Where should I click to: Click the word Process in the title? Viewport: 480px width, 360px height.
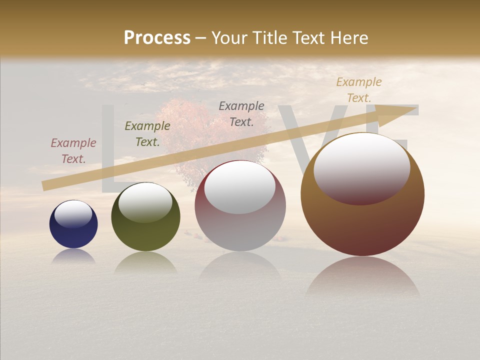(x=157, y=38)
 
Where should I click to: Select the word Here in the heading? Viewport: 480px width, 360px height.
(x=348, y=38)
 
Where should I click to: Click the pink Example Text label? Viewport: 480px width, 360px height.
(x=73, y=151)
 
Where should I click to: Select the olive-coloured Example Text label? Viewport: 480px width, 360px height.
(x=147, y=134)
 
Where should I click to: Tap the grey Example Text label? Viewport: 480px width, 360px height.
(x=241, y=113)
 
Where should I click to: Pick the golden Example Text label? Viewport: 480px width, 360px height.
(x=358, y=90)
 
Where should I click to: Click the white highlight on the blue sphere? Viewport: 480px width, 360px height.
(x=73, y=214)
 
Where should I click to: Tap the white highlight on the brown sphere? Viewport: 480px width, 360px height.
(x=361, y=168)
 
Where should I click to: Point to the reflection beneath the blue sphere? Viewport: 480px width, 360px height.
(x=73, y=256)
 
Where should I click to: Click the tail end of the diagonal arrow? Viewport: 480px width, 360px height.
(x=46, y=185)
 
